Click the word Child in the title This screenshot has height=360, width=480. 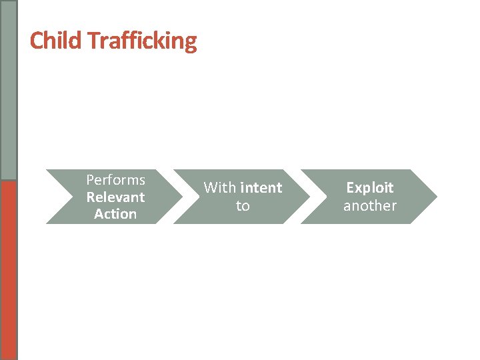(x=55, y=41)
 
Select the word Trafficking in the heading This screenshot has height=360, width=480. (x=142, y=41)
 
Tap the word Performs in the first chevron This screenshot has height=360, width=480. (x=115, y=180)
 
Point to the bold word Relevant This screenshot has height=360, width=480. (x=115, y=197)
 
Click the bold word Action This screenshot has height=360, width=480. (x=115, y=214)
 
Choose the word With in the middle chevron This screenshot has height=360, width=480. (x=220, y=188)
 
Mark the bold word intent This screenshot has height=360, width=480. (x=261, y=188)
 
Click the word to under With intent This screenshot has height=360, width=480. (x=243, y=206)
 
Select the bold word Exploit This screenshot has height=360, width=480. (x=370, y=188)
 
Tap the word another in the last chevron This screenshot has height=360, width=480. (x=370, y=206)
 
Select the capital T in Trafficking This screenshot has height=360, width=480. (x=93, y=41)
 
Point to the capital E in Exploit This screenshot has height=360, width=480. (x=350, y=188)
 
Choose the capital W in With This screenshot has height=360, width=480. (x=210, y=188)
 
